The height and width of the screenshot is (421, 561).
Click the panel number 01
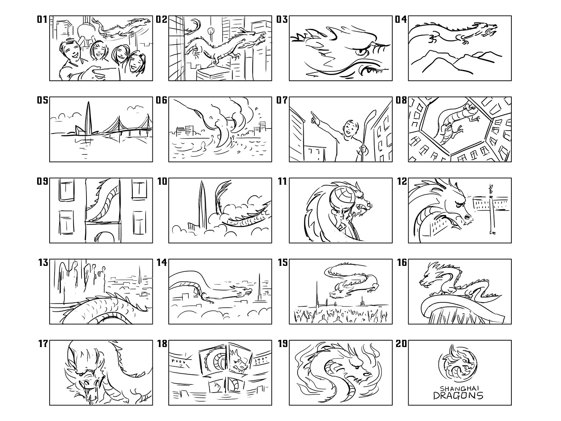click(x=42, y=19)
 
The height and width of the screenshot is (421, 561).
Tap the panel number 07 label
click(x=282, y=100)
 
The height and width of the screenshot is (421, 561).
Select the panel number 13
click(x=43, y=262)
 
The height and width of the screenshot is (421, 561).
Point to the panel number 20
click(x=401, y=344)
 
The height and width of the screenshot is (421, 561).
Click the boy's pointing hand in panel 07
click(x=313, y=117)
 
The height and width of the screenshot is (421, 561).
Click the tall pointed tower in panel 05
click(x=88, y=118)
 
